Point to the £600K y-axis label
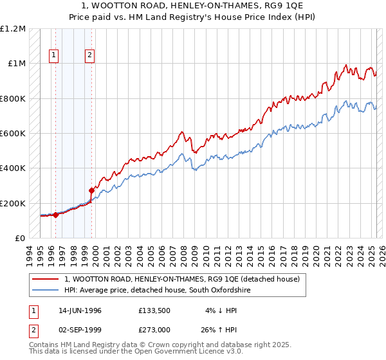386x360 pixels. (13, 134)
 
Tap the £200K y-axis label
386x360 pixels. (13, 203)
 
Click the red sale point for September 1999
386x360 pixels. (91, 190)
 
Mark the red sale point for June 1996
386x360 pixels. (56, 215)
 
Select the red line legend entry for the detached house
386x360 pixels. (182, 279)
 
